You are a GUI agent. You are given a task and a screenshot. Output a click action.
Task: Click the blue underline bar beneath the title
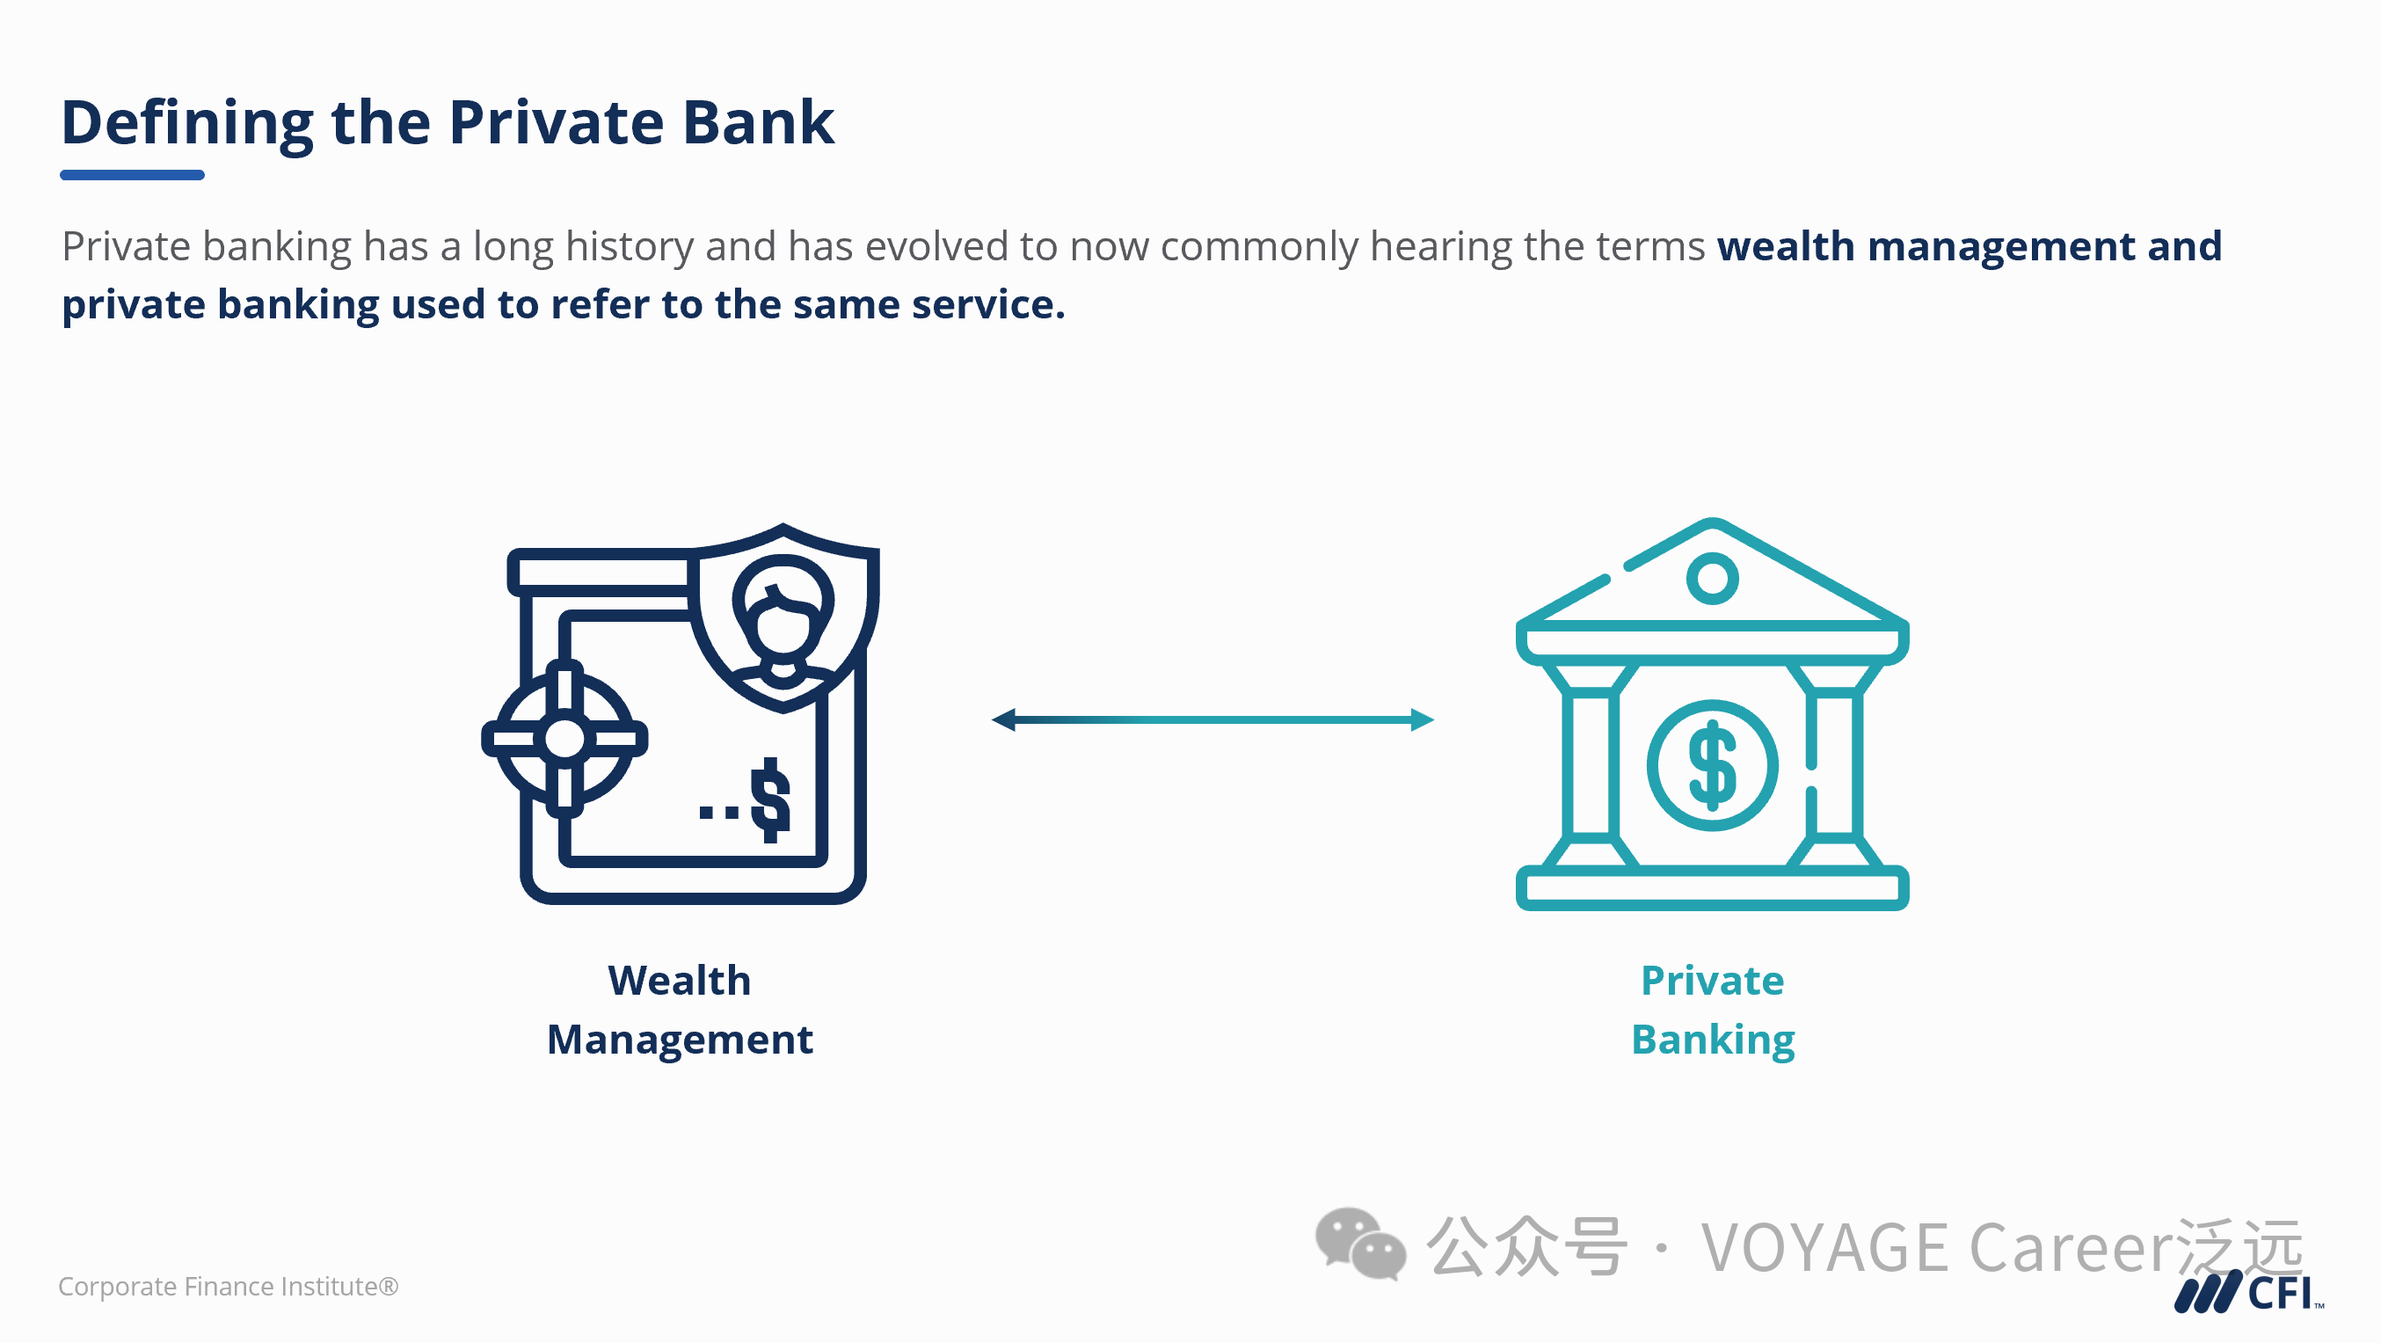pyautogui.click(x=132, y=175)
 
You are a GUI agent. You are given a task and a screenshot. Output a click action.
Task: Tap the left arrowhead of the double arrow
pyautogui.click(x=1004, y=720)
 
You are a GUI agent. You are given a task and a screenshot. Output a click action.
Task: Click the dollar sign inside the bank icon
pyautogui.click(x=1712, y=765)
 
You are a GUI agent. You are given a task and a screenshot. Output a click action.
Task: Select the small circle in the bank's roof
pyautogui.click(x=1712, y=579)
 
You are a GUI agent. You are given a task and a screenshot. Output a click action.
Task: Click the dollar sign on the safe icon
pyautogui.click(x=770, y=799)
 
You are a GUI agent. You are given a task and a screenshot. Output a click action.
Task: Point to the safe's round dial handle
pyautogui.click(x=564, y=739)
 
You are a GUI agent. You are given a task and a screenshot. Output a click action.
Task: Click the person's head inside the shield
pyautogui.click(x=783, y=610)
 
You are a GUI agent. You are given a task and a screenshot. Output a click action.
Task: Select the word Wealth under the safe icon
pyautogui.click(x=680, y=981)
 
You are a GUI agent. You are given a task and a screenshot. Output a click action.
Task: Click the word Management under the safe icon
pyautogui.click(x=680, y=1040)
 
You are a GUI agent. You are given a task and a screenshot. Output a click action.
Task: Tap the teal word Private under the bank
pyautogui.click(x=1712, y=981)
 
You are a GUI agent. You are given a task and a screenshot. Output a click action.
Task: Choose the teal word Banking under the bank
pyautogui.click(x=1713, y=1040)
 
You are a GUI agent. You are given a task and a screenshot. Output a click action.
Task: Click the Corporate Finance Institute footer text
pyautogui.click(x=229, y=1287)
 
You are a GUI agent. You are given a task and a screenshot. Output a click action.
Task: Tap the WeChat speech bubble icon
pyautogui.click(x=1359, y=1244)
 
